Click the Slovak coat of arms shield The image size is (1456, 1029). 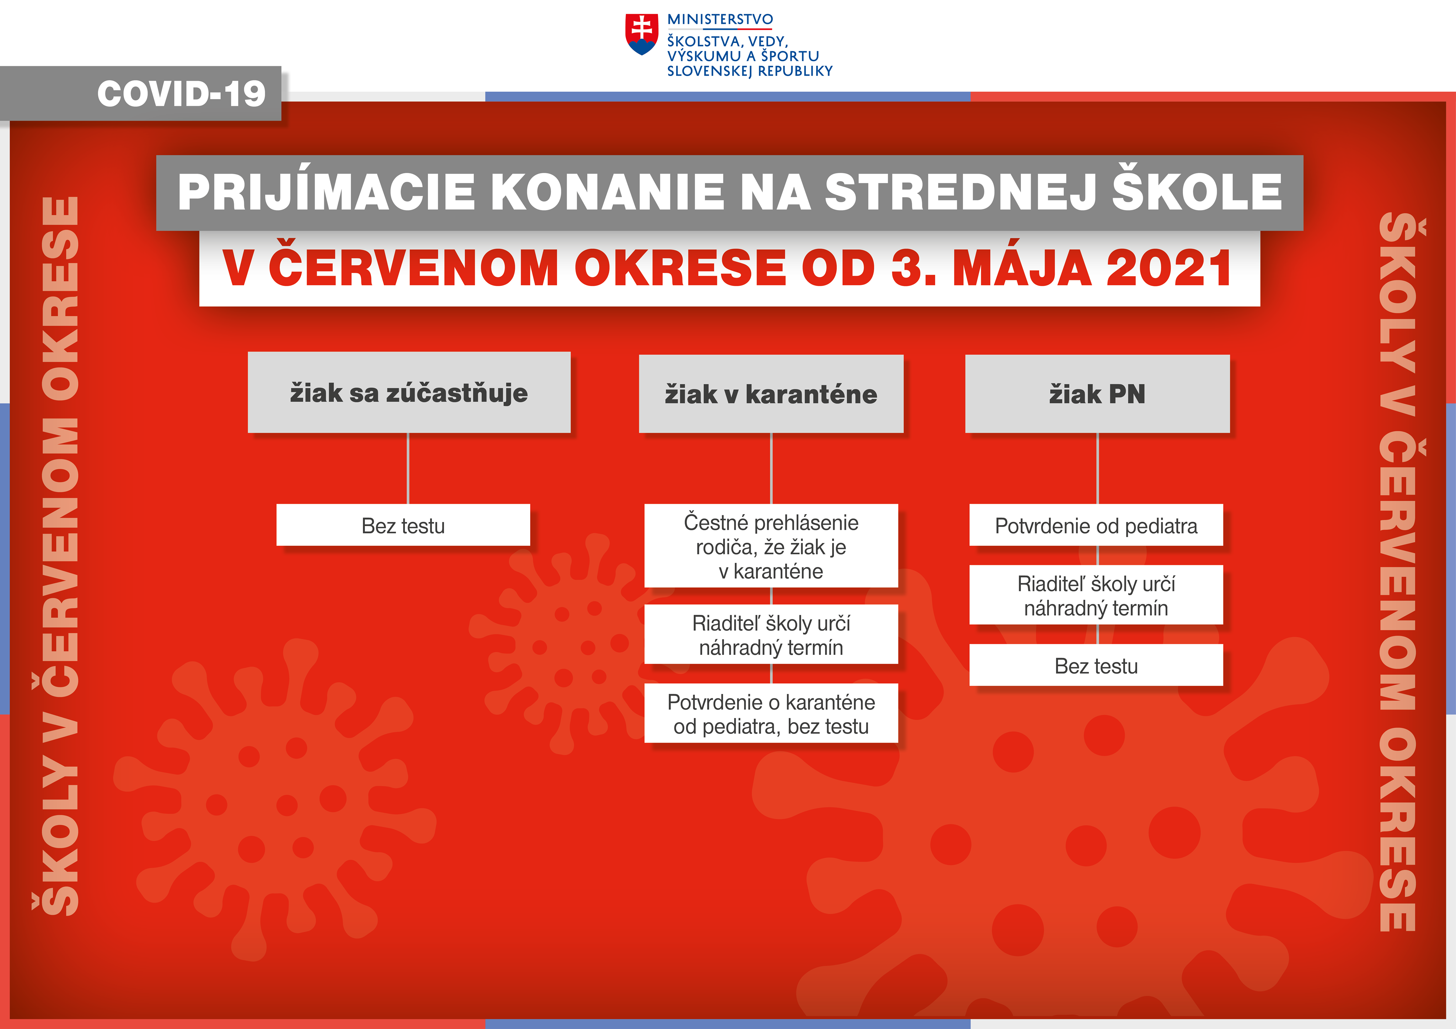tap(642, 34)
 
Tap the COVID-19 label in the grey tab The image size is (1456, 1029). tap(181, 94)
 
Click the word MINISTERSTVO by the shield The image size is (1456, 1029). tap(720, 20)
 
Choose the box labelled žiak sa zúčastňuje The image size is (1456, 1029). tap(409, 393)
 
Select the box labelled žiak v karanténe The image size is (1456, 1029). tap(771, 394)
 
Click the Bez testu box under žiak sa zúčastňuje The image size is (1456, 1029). tap(403, 525)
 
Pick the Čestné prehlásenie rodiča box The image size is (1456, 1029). tap(771, 546)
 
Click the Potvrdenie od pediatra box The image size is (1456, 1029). tap(1096, 525)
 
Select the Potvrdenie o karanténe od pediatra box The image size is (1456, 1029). tap(771, 713)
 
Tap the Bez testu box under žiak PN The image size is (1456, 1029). tap(1096, 665)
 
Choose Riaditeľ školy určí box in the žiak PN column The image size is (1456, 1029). tap(1096, 595)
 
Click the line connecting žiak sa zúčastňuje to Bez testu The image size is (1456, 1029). tap(408, 469)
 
